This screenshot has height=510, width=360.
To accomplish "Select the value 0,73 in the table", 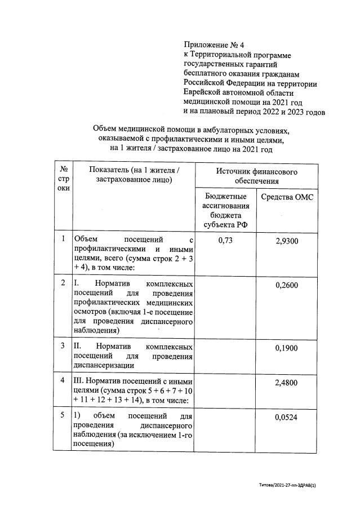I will coord(225,241).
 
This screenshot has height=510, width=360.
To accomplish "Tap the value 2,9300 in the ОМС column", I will coord(287,241).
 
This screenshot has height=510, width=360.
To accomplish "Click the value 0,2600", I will coord(287,285).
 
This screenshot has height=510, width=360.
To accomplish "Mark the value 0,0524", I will coord(287,418).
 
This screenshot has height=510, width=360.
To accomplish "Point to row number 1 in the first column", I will coord(64,240).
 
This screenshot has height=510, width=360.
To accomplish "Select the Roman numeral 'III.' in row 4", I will coord(81,382).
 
